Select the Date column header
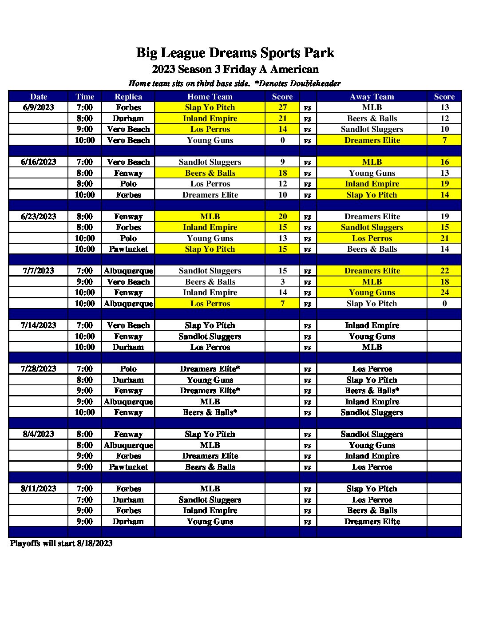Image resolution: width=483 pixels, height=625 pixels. (39, 97)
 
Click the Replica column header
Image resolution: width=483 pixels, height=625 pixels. (128, 97)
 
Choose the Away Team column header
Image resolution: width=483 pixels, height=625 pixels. (372, 97)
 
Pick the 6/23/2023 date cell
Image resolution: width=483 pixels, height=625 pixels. (39, 217)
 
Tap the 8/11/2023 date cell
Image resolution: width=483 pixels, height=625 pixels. (39, 489)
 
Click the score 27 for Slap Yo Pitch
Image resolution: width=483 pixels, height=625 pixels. (283, 107)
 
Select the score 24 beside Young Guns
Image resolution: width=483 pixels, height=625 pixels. (444, 293)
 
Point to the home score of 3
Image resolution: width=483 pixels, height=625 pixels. (283, 282)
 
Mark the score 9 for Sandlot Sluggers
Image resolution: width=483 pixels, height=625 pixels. (283, 162)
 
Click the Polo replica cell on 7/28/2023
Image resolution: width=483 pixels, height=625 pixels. (128, 369)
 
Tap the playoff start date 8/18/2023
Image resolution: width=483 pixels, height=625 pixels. (95, 543)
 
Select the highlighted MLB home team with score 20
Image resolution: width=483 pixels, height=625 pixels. (210, 217)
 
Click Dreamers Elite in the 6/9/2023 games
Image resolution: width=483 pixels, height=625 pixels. (372, 140)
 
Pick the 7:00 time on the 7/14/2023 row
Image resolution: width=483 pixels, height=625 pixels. (85, 325)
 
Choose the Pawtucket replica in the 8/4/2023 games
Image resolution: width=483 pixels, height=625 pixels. (128, 467)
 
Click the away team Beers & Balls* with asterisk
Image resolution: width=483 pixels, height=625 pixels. (372, 391)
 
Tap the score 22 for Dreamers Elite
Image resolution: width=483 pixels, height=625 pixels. (444, 271)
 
